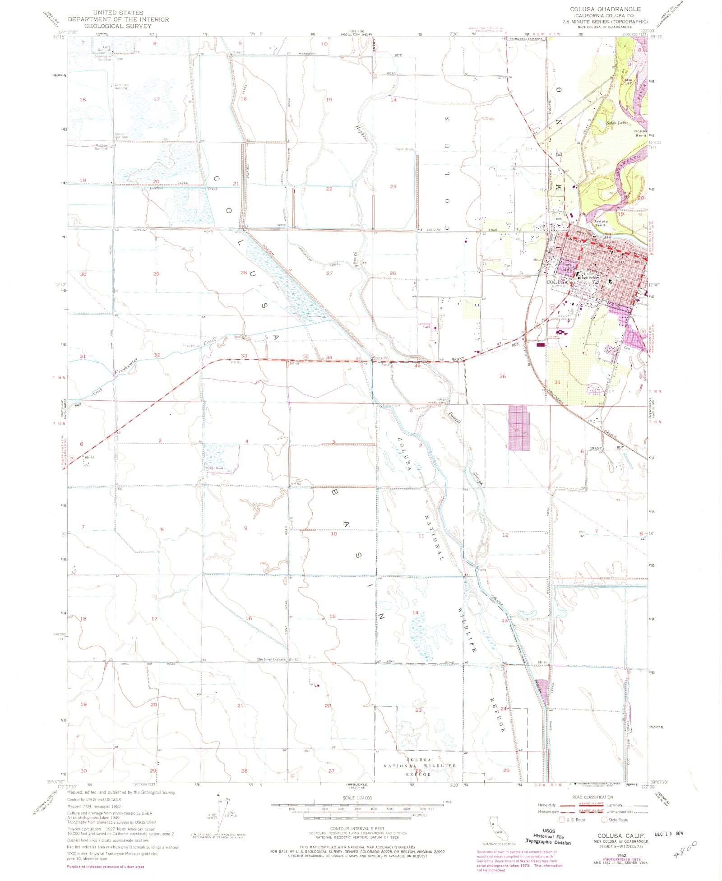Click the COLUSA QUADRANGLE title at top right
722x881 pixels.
point(605,9)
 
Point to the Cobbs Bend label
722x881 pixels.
point(641,133)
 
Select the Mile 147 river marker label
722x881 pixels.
point(629,81)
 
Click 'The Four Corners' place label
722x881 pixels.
point(271,659)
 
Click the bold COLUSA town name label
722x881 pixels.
point(556,282)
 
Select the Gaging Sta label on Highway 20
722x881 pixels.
point(380,357)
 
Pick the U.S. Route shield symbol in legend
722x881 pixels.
point(562,820)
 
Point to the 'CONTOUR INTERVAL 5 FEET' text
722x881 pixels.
point(356,829)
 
